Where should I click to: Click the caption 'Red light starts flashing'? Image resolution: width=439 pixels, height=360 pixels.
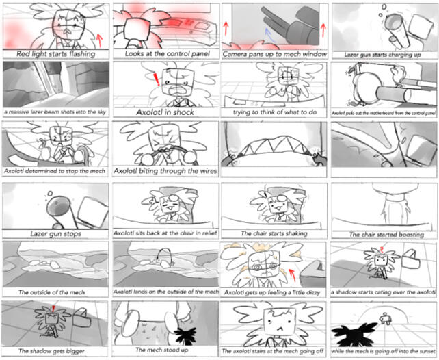(x=55, y=53)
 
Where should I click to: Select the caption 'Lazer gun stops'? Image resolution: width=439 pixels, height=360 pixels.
(x=55, y=234)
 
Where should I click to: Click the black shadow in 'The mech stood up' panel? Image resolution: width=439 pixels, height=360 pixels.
(x=184, y=335)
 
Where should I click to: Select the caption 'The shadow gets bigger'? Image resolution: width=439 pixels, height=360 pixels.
(x=55, y=351)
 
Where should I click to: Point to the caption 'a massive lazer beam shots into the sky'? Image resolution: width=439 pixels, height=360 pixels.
(x=55, y=112)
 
